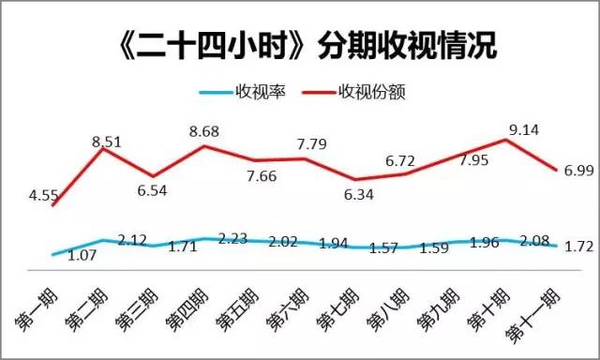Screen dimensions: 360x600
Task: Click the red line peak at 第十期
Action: coord(507,140)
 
